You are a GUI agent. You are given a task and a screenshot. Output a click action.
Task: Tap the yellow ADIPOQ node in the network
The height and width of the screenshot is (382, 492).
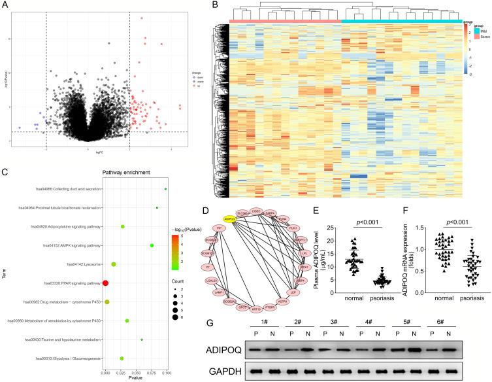pos(229,219)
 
